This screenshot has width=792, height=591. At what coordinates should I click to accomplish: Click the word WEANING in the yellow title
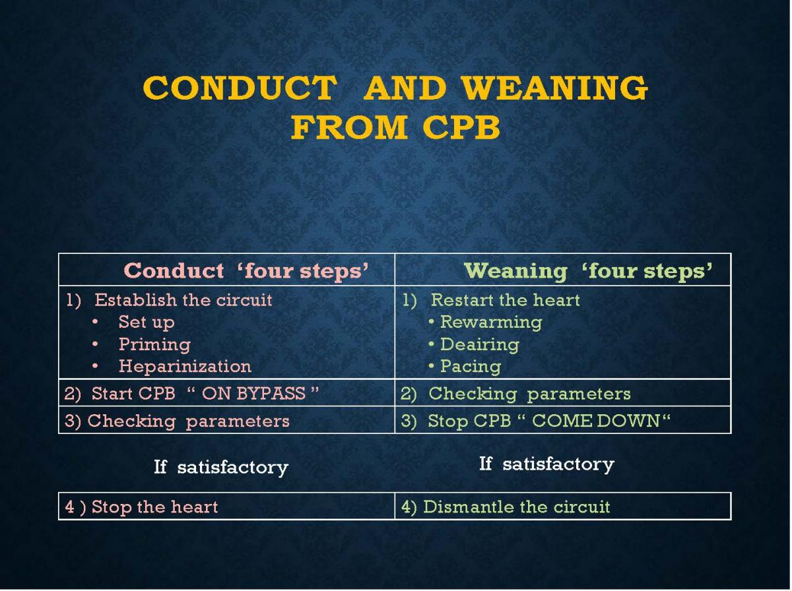[555, 88]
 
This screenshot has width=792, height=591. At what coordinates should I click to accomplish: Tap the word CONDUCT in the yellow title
[240, 88]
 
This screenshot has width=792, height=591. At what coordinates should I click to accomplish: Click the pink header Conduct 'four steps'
[246, 270]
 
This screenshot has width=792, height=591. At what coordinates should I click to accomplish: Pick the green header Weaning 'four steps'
[589, 270]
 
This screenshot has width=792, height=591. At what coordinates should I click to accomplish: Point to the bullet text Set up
[147, 322]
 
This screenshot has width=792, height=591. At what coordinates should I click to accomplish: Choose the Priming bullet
[155, 344]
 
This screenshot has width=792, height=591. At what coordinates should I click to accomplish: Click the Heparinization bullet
[185, 366]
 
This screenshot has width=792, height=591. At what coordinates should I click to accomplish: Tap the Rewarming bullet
[491, 322]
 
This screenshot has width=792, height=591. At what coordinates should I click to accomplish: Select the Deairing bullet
[480, 344]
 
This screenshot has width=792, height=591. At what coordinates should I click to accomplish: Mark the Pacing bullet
[471, 367]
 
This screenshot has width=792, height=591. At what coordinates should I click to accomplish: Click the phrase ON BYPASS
[253, 393]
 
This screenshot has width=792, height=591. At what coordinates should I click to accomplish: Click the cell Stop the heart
[141, 507]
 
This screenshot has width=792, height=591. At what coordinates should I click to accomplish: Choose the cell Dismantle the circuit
[506, 507]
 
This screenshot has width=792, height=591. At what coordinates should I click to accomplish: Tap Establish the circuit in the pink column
[183, 300]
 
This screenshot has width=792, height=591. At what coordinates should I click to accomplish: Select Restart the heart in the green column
[505, 300]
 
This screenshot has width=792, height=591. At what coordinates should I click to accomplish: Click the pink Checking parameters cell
[188, 421]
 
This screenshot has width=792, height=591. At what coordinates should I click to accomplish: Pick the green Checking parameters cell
[530, 394]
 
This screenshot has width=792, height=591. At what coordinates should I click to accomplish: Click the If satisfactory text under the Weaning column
[546, 464]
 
